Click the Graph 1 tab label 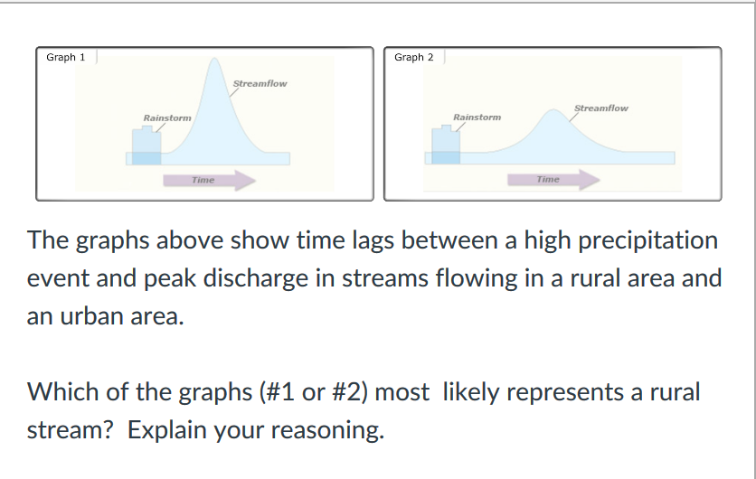65,57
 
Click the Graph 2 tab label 413,57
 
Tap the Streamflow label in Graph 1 260,84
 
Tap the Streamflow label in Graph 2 601,108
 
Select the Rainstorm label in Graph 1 167,118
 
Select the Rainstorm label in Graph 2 477,117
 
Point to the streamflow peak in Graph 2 552,113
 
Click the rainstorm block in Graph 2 445,146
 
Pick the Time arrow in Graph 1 209,181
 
